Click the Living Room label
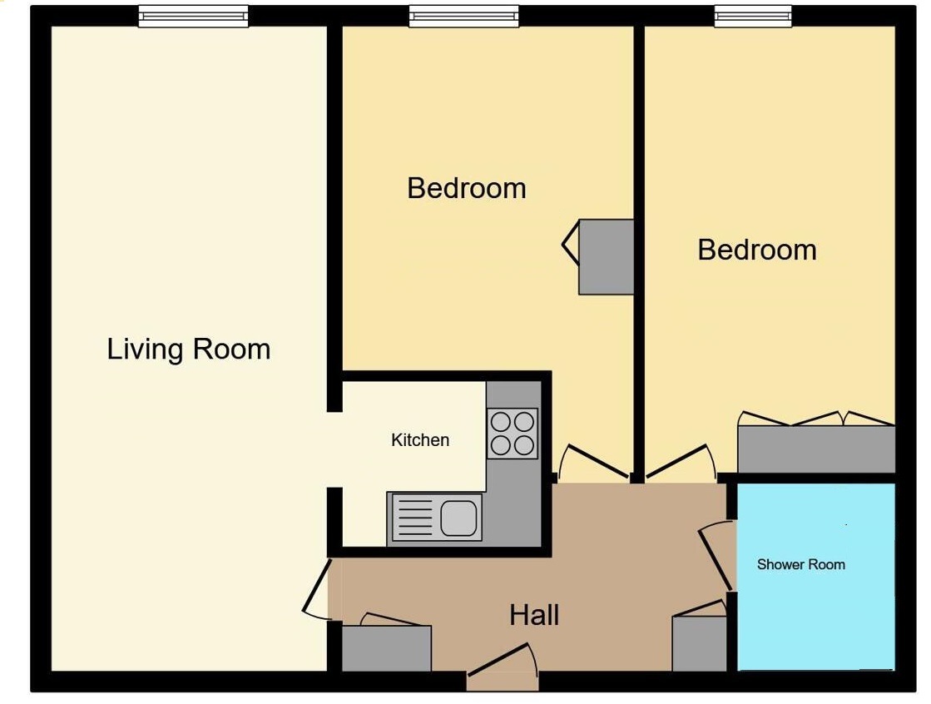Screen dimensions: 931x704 coord(189,350)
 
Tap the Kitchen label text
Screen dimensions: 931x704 coord(420,440)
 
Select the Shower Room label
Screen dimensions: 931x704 coord(801,564)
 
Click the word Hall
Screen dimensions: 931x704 coord(534,615)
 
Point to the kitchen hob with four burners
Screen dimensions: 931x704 coord(513,433)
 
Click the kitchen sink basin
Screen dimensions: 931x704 coord(458,517)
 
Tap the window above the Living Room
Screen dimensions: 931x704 coord(194,16)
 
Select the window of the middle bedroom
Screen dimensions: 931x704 coord(463,16)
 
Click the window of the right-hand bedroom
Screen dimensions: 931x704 coord(753,16)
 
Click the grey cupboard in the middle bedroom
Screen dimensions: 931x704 coord(607,256)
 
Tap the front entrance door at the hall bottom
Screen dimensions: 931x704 coord(503,659)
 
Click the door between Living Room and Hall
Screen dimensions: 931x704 coord(316,590)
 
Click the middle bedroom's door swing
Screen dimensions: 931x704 coord(593,462)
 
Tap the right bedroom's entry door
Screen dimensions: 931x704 coord(681,461)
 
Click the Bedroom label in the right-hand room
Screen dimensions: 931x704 coord(757,250)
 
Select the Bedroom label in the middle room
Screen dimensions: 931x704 coord(467,189)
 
